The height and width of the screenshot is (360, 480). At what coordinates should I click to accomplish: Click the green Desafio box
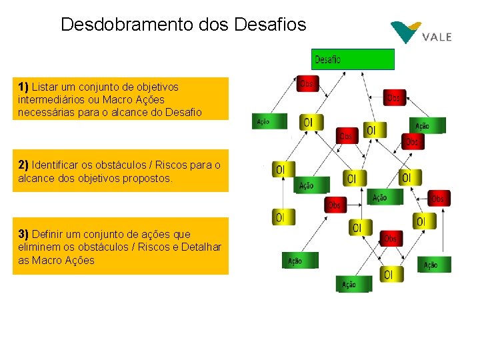[353, 59]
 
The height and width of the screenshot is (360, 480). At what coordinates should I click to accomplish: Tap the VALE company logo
[421, 33]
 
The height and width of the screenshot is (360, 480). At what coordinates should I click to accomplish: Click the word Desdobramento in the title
[127, 25]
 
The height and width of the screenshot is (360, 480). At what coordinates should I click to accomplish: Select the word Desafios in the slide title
[271, 25]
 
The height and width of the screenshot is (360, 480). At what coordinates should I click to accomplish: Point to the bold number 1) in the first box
[24, 87]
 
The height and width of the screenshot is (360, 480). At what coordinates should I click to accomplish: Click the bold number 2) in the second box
[24, 164]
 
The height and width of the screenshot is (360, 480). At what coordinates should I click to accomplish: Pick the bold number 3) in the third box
[24, 234]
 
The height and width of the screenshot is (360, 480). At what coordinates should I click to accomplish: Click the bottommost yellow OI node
[389, 273]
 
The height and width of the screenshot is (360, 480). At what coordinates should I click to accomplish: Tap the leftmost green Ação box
[269, 121]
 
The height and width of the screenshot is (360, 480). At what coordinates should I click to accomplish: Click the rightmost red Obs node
[438, 198]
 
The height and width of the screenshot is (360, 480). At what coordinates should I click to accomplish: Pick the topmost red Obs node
[307, 83]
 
